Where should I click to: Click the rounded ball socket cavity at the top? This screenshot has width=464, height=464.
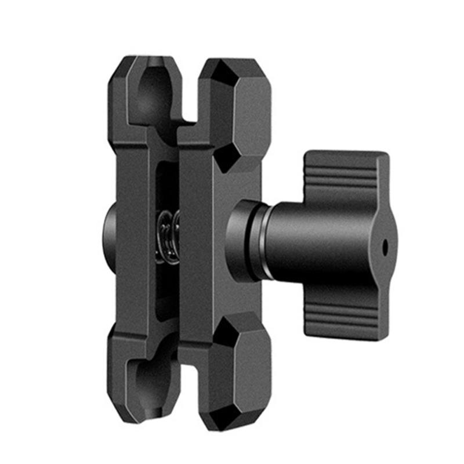click(x=153, y=93)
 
